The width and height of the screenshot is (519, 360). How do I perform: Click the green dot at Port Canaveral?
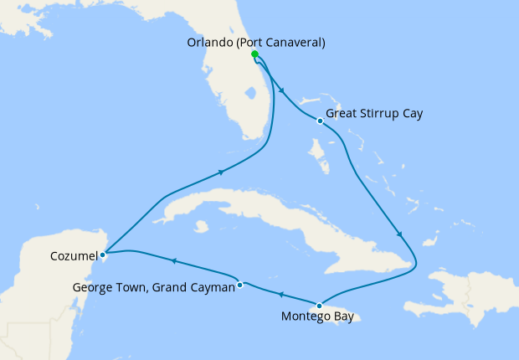(x=254, y=54)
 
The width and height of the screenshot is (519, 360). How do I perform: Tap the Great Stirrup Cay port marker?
(x=320, y=121)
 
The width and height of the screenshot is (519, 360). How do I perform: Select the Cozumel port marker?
(x=102, y=254)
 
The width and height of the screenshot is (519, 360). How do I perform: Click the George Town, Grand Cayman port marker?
(x=240, y=285)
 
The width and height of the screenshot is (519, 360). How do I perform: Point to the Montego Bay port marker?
(x=319, y=305)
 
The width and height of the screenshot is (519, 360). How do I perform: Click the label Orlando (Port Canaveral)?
(x=255, y=43)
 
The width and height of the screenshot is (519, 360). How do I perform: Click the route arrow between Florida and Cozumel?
(x=221, y=172)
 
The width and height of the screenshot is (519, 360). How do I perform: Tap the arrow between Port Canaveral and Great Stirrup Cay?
(x=280, y=91)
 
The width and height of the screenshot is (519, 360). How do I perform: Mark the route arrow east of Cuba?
(x=400, y=235)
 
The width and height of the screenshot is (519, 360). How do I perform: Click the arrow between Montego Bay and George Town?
(x=280, y=295)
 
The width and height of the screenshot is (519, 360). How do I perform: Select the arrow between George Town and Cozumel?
(x=172, y=261)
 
